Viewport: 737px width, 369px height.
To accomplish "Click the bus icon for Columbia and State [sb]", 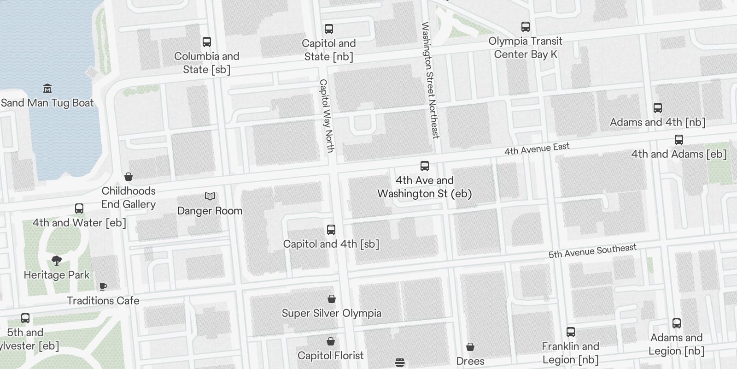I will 207,42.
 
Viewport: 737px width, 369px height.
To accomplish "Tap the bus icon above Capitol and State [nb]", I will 329,29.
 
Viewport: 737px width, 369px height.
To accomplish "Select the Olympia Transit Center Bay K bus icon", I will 526,27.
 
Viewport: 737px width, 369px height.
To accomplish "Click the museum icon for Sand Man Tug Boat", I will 47,89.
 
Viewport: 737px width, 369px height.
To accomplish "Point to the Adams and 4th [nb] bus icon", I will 658,108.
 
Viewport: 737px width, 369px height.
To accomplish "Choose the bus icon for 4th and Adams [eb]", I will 679,140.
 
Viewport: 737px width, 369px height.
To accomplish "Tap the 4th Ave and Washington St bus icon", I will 425,166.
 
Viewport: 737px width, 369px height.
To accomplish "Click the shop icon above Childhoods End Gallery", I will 129,177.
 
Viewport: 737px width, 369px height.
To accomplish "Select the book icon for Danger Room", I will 210,196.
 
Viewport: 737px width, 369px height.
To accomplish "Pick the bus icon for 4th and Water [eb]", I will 79,208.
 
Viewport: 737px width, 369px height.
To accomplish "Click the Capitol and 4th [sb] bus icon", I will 331,230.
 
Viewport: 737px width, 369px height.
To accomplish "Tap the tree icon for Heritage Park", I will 57,261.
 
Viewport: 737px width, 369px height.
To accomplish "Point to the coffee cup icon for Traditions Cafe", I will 103,286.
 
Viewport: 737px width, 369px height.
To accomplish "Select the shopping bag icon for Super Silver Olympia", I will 332,299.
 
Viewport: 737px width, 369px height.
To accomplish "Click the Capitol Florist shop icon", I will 331,341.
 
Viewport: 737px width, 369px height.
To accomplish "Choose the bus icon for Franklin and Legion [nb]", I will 571,332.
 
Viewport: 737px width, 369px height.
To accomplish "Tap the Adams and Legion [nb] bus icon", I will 677,323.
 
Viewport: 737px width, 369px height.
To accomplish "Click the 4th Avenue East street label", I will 537,149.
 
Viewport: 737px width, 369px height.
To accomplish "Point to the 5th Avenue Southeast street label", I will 592,250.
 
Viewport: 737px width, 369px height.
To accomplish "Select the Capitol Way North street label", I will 326,116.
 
